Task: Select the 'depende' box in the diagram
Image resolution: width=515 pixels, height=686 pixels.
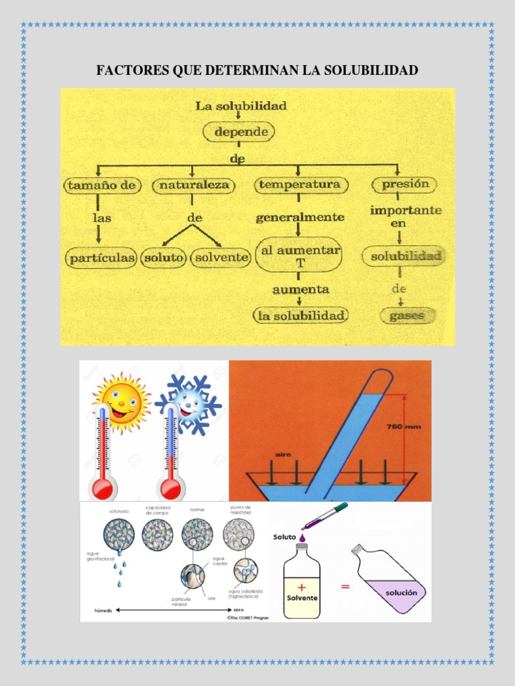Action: pos(241,132)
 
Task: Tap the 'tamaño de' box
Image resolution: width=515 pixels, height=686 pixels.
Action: pos(100,185)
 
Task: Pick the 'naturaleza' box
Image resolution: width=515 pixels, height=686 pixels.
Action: pos(194,185)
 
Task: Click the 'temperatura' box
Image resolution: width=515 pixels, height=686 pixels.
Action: pos(300,184)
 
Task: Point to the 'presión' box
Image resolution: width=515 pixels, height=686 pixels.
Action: pos(404,184)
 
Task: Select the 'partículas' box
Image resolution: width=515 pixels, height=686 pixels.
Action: pos(101,257)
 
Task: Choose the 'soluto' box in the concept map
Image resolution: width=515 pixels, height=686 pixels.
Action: pos(164,257)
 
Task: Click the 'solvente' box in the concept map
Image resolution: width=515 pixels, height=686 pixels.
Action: pos(221,257)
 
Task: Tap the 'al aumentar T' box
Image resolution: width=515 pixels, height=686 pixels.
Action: pos(300,255)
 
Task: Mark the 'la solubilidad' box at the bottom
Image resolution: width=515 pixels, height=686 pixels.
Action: pos(300,315)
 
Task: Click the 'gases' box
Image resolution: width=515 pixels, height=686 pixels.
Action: pos(406,315)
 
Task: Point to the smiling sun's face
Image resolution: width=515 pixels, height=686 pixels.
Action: pos(121,400)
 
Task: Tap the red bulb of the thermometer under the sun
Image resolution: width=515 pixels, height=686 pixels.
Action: pos(105,488)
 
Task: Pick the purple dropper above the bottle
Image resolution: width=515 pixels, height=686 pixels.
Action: pos(325,517)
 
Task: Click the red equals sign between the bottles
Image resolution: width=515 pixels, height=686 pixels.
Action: pos(345,587)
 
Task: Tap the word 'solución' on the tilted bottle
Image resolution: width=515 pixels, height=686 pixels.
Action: pos(401,593)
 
